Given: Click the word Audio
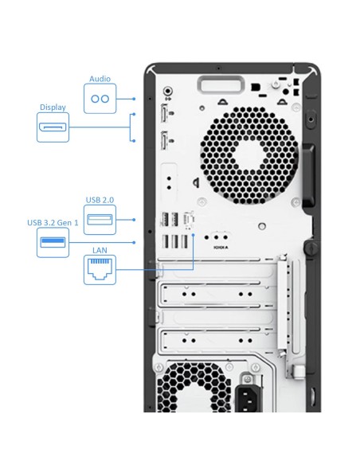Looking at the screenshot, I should pos(100,80).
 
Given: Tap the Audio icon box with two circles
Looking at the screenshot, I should pos(100,99).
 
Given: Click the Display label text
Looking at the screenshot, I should pos(53,107).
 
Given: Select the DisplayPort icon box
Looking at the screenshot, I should pos(53,127).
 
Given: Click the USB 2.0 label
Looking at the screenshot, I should pos(100,199).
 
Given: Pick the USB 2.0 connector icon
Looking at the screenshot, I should pos(100,220).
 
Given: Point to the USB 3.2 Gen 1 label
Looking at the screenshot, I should pos(53,223).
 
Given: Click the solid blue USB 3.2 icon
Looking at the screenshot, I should pos(53,243).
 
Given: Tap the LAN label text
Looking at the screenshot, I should pos(100,250).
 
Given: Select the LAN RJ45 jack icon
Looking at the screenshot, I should pos(100,272).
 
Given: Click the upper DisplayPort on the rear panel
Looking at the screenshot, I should pos(164,115).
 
